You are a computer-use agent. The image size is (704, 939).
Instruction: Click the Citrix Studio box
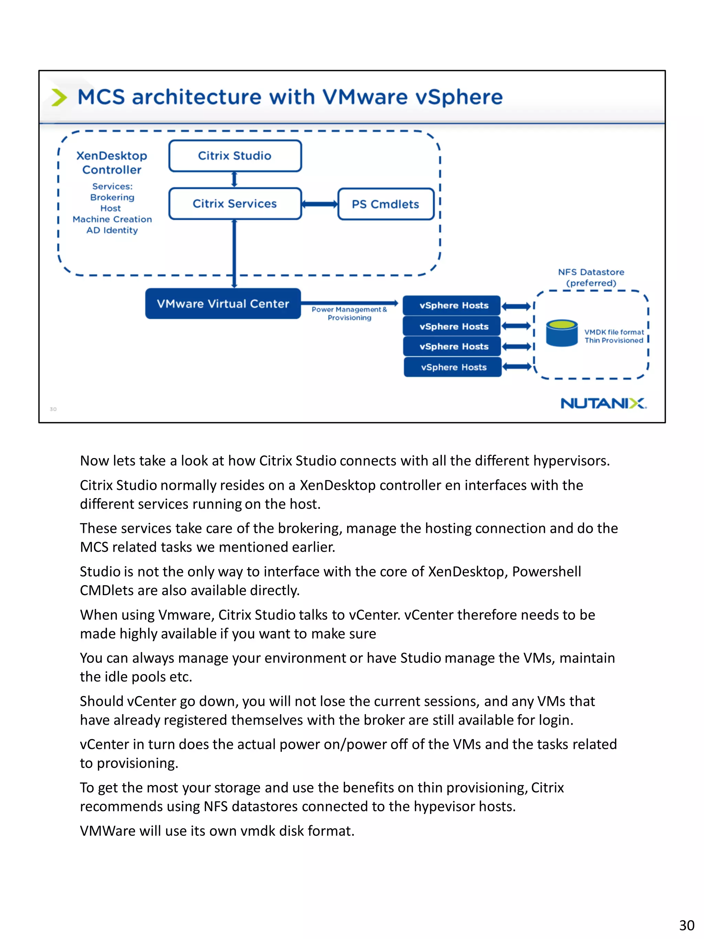235,156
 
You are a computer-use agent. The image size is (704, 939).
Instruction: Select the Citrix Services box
235,204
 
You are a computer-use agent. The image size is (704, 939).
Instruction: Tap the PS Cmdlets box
385,204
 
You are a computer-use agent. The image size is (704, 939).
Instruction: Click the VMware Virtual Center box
223,304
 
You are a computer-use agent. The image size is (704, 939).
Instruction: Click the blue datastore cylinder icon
561,334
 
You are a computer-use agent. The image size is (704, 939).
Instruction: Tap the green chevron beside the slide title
59,97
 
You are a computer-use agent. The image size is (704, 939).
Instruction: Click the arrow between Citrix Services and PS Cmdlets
320,204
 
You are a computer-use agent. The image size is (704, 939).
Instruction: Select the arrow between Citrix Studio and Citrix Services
234,179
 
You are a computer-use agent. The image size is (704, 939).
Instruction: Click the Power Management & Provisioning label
349,313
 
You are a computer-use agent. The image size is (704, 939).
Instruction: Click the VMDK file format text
614,332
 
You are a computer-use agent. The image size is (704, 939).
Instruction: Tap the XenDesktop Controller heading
112,163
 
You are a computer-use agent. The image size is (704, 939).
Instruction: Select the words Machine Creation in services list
112,219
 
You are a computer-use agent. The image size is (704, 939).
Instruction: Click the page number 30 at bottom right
686,925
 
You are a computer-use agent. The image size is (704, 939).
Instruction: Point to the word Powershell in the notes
546,571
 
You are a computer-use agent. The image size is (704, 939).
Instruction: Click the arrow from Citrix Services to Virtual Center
234,253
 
